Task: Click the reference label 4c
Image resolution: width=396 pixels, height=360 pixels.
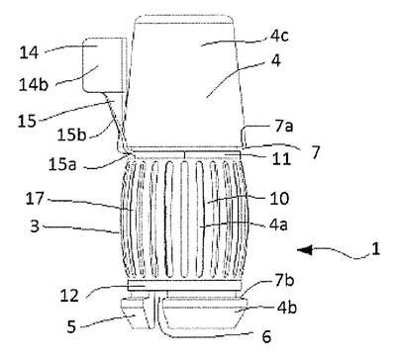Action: point(279,36)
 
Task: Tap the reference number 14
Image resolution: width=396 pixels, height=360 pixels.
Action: point(29,52)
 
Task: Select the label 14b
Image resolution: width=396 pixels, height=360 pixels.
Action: point(34,84)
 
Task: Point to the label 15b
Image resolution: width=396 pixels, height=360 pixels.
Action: point(71,135)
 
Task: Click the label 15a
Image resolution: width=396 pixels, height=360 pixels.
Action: point(62,165)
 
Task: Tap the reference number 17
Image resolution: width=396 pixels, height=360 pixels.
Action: point(35,199)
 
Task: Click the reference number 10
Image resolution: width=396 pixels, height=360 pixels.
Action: point(279,199)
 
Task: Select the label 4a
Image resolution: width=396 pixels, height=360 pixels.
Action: point(278,225)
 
